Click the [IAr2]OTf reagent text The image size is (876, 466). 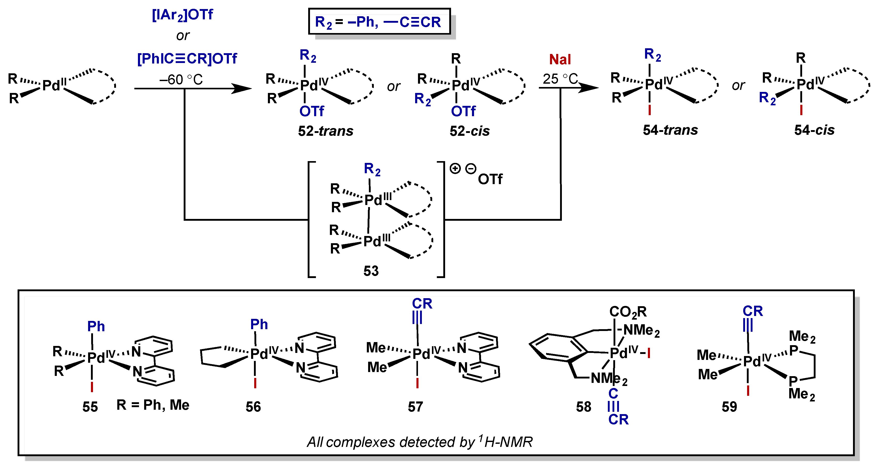click(182, 15)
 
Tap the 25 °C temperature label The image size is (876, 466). click(560, 79)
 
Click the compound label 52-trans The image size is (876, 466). click(325, 131)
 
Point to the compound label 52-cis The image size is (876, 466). click(469, 131)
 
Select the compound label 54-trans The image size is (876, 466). click(670, 130)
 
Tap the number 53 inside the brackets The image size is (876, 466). click(371, 271)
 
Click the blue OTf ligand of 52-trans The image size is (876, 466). click(312, 111)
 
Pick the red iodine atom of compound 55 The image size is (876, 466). click(92, 387)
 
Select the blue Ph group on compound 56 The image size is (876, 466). click(259, 324)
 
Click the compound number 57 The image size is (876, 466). click(415, 407)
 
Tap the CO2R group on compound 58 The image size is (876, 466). click(628, 311)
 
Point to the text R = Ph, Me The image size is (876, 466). click(153, 405)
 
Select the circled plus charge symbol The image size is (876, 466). click(455, 168)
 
